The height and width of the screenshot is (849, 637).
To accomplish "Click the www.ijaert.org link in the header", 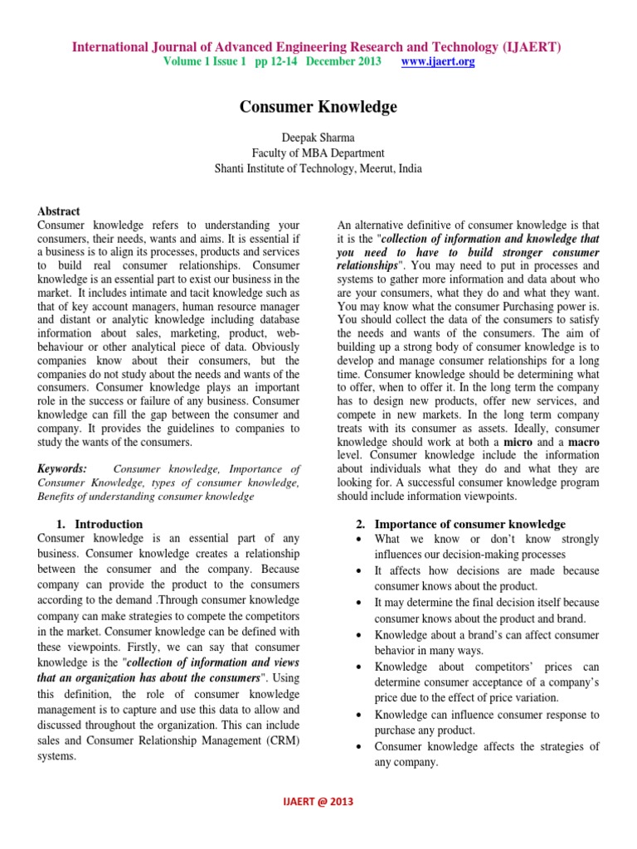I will (x=438, y=62).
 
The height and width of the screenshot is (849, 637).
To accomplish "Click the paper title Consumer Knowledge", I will (x=318, y=107).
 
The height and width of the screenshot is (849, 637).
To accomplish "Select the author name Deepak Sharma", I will (x=318, y=137).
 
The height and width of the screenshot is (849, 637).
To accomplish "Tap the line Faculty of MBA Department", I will (x=318, y=153).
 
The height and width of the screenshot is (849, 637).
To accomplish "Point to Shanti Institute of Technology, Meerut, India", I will (x=318, y=168).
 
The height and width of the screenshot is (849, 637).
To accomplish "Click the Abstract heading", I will (x=59, y=211).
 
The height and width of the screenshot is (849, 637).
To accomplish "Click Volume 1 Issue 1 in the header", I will (x=205, y=62).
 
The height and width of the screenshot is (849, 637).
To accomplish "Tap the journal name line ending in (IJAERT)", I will (x=317, y=47).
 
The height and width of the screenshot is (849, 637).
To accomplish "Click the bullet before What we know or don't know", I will (x=357, y=540).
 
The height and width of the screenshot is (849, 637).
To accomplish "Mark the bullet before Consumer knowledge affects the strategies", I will (x=357, y=747).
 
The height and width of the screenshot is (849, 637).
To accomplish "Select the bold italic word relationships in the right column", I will (x=367, y=264).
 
